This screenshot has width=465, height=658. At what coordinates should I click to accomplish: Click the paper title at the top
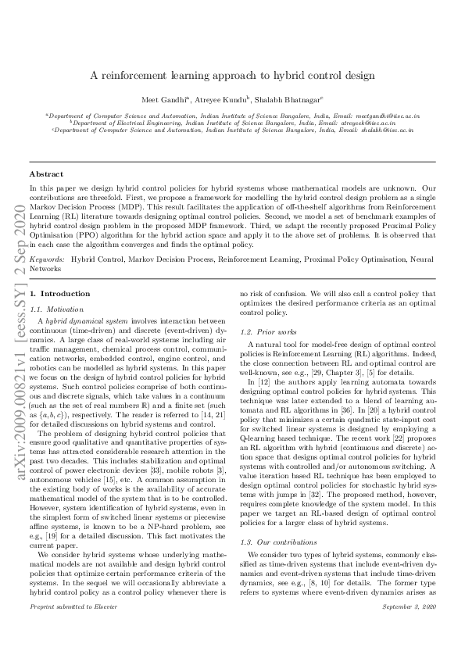click(233, 76)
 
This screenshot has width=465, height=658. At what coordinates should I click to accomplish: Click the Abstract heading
click(45, 173)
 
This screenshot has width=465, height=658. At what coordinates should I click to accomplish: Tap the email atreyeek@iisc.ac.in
click(367, 123)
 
